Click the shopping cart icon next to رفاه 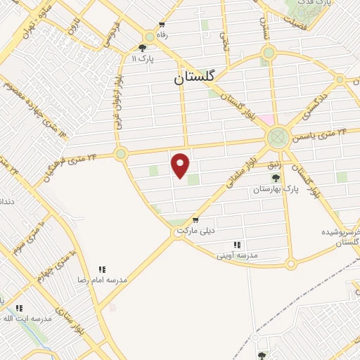pos(163,24)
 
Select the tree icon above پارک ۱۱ pos(143,49)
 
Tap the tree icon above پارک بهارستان pos(275,179)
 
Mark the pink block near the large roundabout pos(266,119)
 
